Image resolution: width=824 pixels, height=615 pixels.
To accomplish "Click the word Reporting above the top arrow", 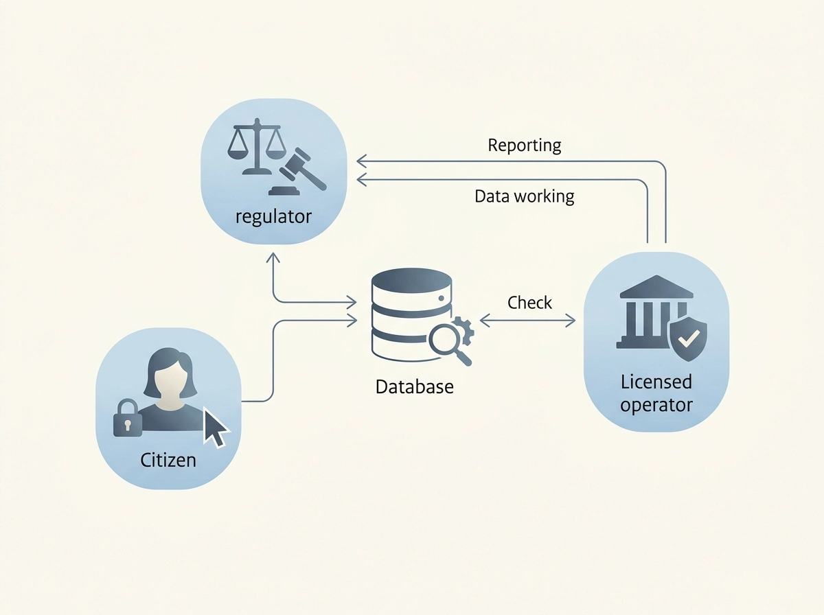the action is (x=525, y=146).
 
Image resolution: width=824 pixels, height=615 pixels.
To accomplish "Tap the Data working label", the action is (x=525, y=196).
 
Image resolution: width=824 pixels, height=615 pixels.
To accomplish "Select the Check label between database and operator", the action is (x=529, y=303).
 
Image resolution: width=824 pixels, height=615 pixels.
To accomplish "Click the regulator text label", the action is (x=273, y=217).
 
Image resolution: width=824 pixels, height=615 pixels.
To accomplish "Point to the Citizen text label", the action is (x=168, y=460).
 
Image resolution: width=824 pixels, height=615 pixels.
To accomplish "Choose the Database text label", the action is (x=415, y=386).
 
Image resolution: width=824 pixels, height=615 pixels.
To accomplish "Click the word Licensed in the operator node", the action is (x=656, y=382).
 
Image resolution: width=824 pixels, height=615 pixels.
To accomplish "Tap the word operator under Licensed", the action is (x=656, y=405).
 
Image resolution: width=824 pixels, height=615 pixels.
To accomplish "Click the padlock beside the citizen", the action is (x=128, y=418).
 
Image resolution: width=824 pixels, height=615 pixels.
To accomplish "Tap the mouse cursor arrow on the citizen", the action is (x=215, y=427).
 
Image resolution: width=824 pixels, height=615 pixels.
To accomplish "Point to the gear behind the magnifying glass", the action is (x=463, y=330).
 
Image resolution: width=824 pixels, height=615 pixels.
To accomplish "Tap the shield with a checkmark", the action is (x=688, y=339).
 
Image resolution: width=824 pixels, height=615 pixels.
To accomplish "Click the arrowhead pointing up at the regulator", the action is (x=273, y=257).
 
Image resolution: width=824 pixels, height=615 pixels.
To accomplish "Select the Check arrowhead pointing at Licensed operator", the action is (x=571, y=321).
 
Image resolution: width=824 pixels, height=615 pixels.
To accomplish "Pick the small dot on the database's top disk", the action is (x=441, y=299).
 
